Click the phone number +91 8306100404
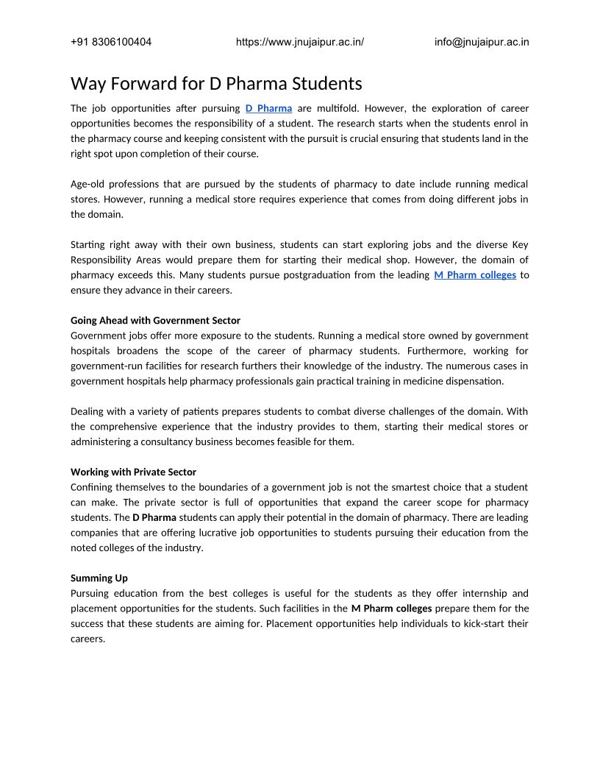[x=111, y=42]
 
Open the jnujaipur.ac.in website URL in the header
[x=300, y=42]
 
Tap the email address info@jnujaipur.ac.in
[x=482, y=42]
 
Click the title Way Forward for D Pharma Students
[x=216, y=82]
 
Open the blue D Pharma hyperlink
[x=268, y=108]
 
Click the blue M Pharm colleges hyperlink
[x=475, y=275]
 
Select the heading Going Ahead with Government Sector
[x=155, y=320]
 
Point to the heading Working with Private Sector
[x=133, y=472]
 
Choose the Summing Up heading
[x=99, y=578]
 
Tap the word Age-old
[x=85, y=184]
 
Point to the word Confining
[x=93, y=487]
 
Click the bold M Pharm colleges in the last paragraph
[x=391, y=609]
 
